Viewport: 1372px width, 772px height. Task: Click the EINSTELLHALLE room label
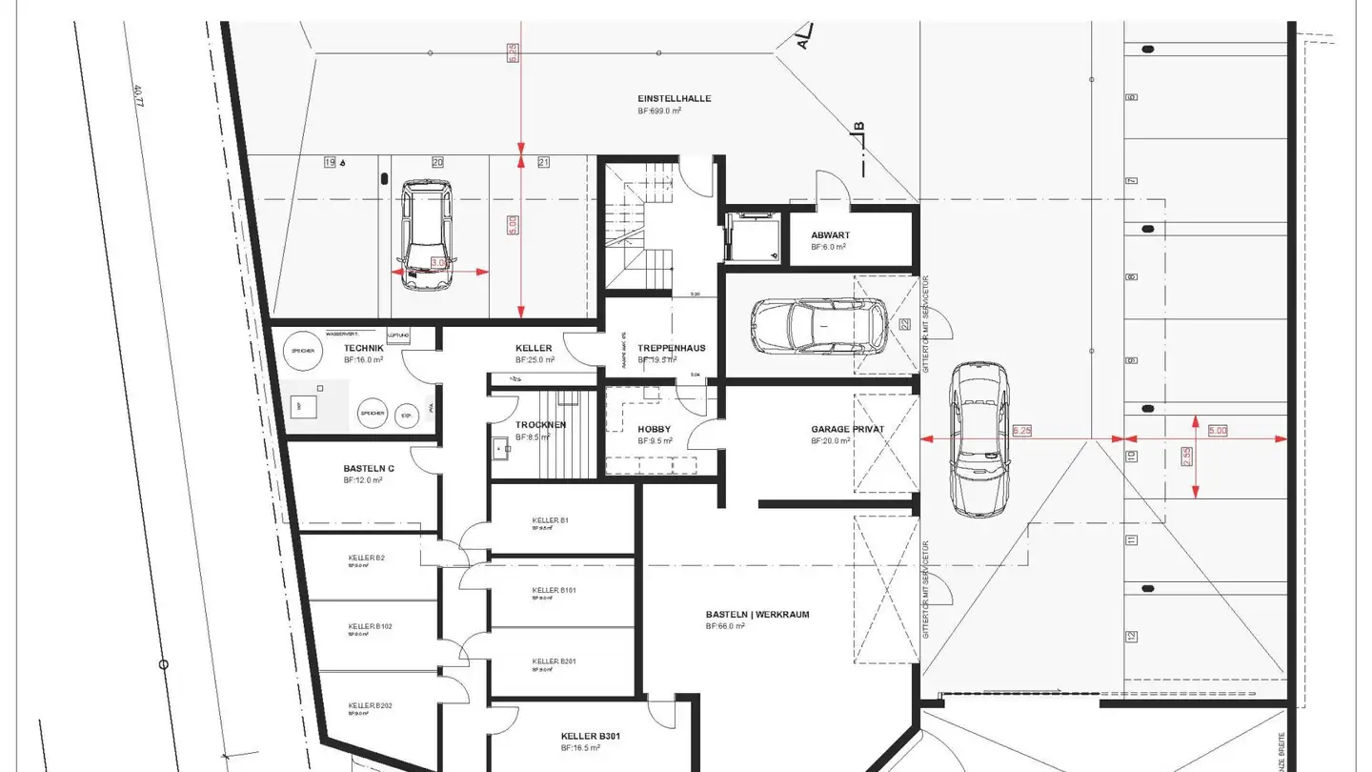pyautogui.click(x=674, y=99)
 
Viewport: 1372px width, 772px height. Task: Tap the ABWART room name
pyautogui.click(x=830, y=235)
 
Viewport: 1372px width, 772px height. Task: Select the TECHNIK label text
pyautogui.click(x=363, y=349)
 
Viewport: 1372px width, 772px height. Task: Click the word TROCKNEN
pyautogui.click(x=540, y=425)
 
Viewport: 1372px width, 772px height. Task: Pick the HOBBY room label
pyautogui.click(x=654, y=430)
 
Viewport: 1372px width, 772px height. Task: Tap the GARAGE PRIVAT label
pyautogui.click(x=847, y=430)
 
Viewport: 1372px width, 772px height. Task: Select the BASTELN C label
pyautogui.click(x=369, y=469)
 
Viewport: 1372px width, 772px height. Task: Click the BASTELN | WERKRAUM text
pyautogui.click(x=757, y=615)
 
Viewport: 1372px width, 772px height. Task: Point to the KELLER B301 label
pyautogui.click(x=591, y=736)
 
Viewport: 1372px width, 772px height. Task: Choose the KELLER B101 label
pyautogui.click(x=554, y=591)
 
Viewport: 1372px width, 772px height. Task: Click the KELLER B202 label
pyautogui.click(x=370, y=705)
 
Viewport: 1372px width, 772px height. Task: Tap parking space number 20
pyautogui.click(x=437, y=163)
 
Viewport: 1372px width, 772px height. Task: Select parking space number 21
pyautogui.click(x=543, y=163)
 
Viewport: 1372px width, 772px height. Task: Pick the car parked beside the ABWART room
pyautogui.click(x=817, y=326)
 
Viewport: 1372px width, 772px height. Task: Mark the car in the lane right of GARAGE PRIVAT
pyautogui.click(x=979, y=438)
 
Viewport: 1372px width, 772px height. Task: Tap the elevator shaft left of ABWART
pyautogui.click(x=752, y=236)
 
